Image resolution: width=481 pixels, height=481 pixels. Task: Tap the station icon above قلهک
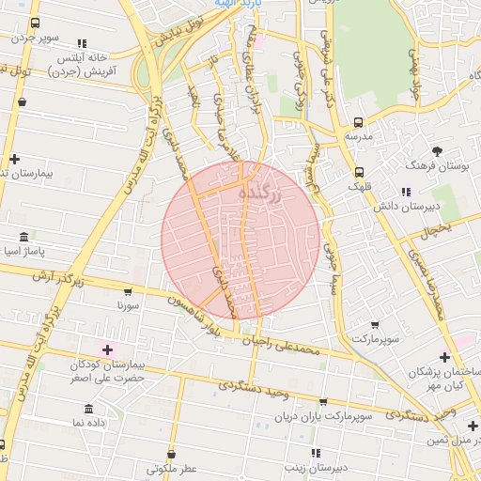(x=359, y=172)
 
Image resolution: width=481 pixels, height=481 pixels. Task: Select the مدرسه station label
(x=358, y=136)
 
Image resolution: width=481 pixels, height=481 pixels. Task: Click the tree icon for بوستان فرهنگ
(x=437, y=150)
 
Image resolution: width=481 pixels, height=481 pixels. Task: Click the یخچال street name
(x=436, y=228)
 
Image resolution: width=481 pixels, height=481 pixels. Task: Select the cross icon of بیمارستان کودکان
(x=108, y=349)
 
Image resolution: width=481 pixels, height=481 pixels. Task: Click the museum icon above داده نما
(x=88, y=409)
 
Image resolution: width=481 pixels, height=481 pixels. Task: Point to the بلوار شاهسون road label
(x=199, y=307)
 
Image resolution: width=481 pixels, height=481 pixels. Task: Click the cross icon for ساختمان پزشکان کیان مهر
(x=444, y=357)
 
